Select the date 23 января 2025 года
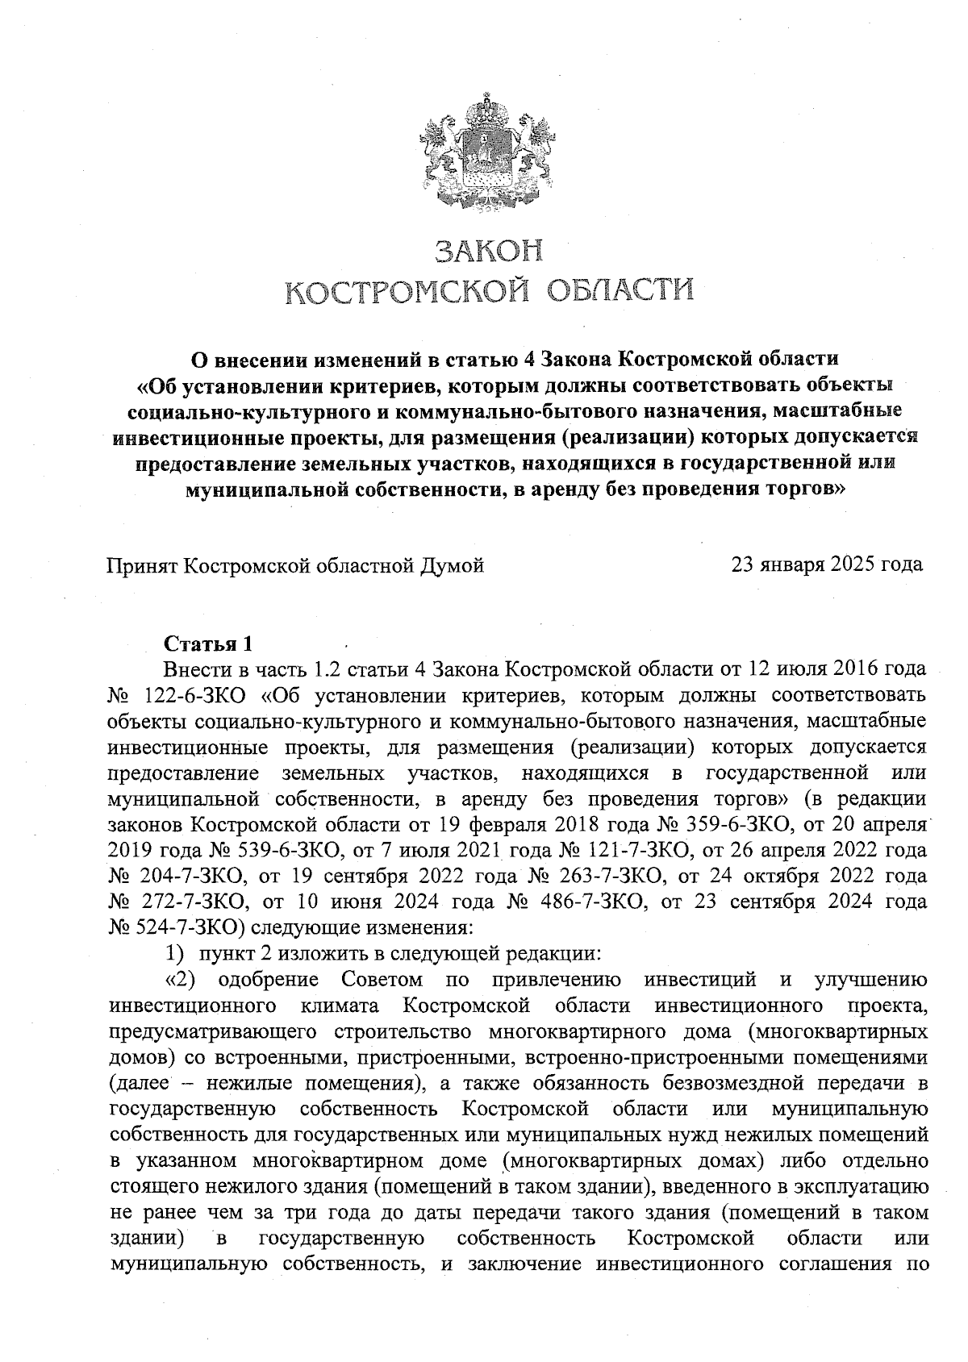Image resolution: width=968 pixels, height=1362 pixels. pyautogui.click(x=827, y=564)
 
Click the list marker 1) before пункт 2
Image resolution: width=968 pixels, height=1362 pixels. pyautogui.click(x=177, y=953)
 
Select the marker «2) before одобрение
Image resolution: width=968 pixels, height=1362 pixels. pyautogui.click(x=181, y=980)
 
